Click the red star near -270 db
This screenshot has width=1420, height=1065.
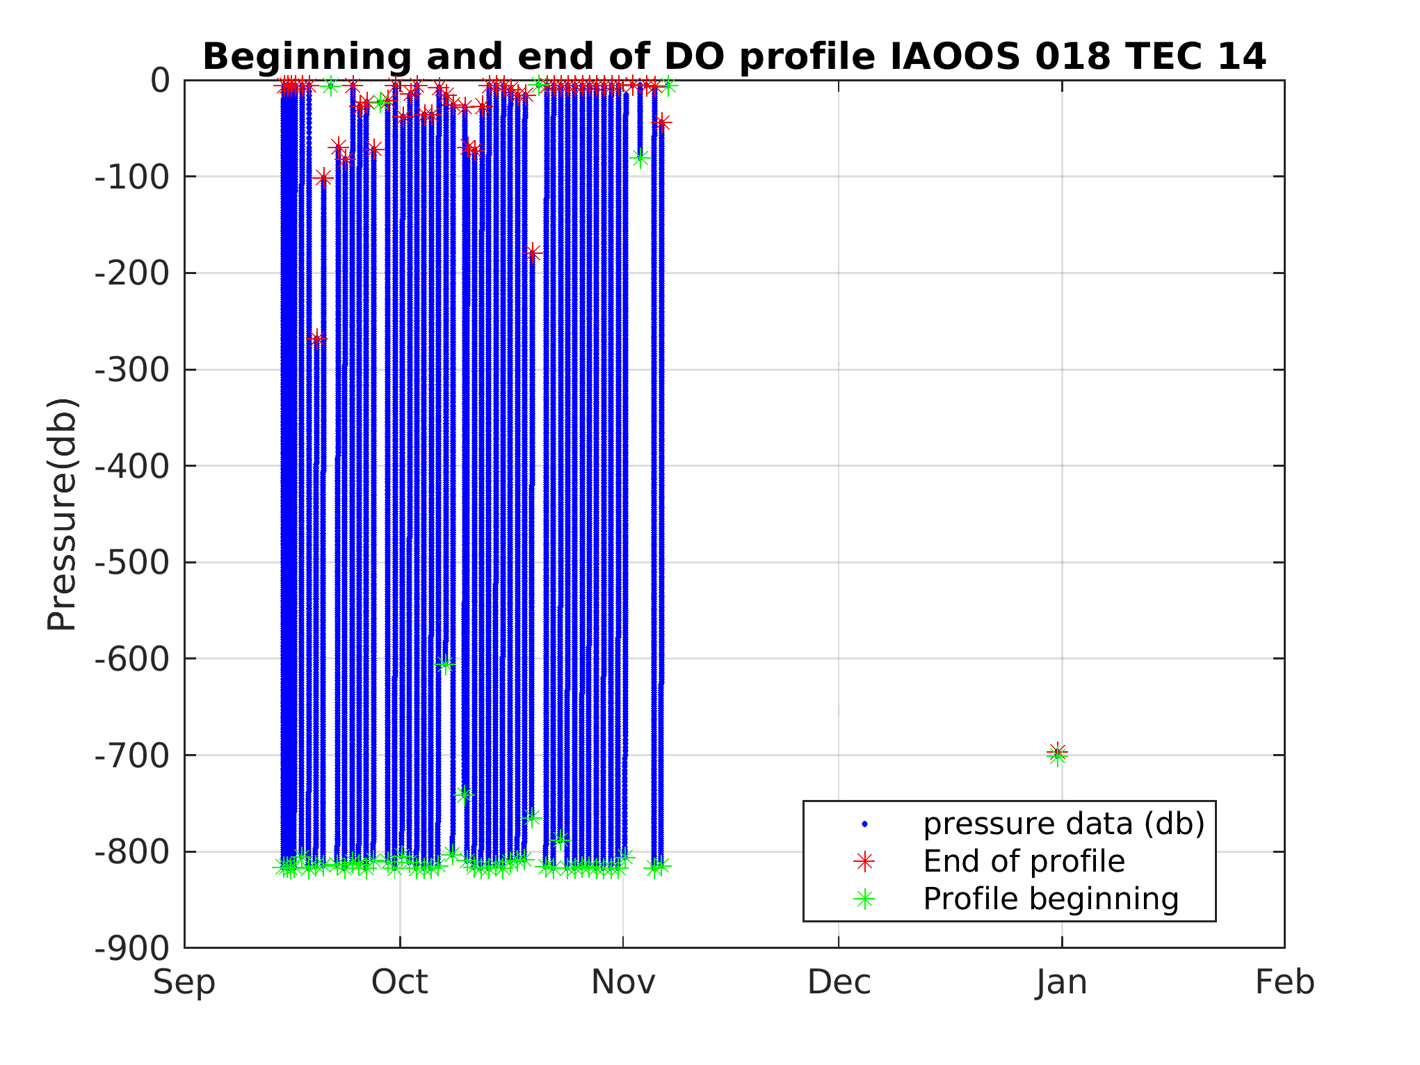coord(318,339)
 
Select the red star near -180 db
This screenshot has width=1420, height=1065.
coord(533,253)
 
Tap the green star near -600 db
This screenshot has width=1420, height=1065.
coord(446,664)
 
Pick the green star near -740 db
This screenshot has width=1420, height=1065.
coord(465,794)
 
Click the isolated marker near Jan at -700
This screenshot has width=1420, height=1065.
coord(1057,753)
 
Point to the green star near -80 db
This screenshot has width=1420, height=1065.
coord(640,158)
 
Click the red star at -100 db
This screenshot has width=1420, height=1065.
coord(323,179)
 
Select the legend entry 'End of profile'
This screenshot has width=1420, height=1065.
coord(1023,861)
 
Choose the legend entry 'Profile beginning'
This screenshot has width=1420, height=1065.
coord(1050,899)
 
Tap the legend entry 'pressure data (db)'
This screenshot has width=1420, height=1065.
coord(1063,824)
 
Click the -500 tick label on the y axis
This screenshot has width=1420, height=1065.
coord(132,562)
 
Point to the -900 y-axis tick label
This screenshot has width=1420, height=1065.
coord(132,947)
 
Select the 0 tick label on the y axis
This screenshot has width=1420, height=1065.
coord(160,81)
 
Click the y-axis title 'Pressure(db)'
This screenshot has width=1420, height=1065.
coord(61,514)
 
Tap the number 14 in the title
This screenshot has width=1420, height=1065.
coord(1241,57)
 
